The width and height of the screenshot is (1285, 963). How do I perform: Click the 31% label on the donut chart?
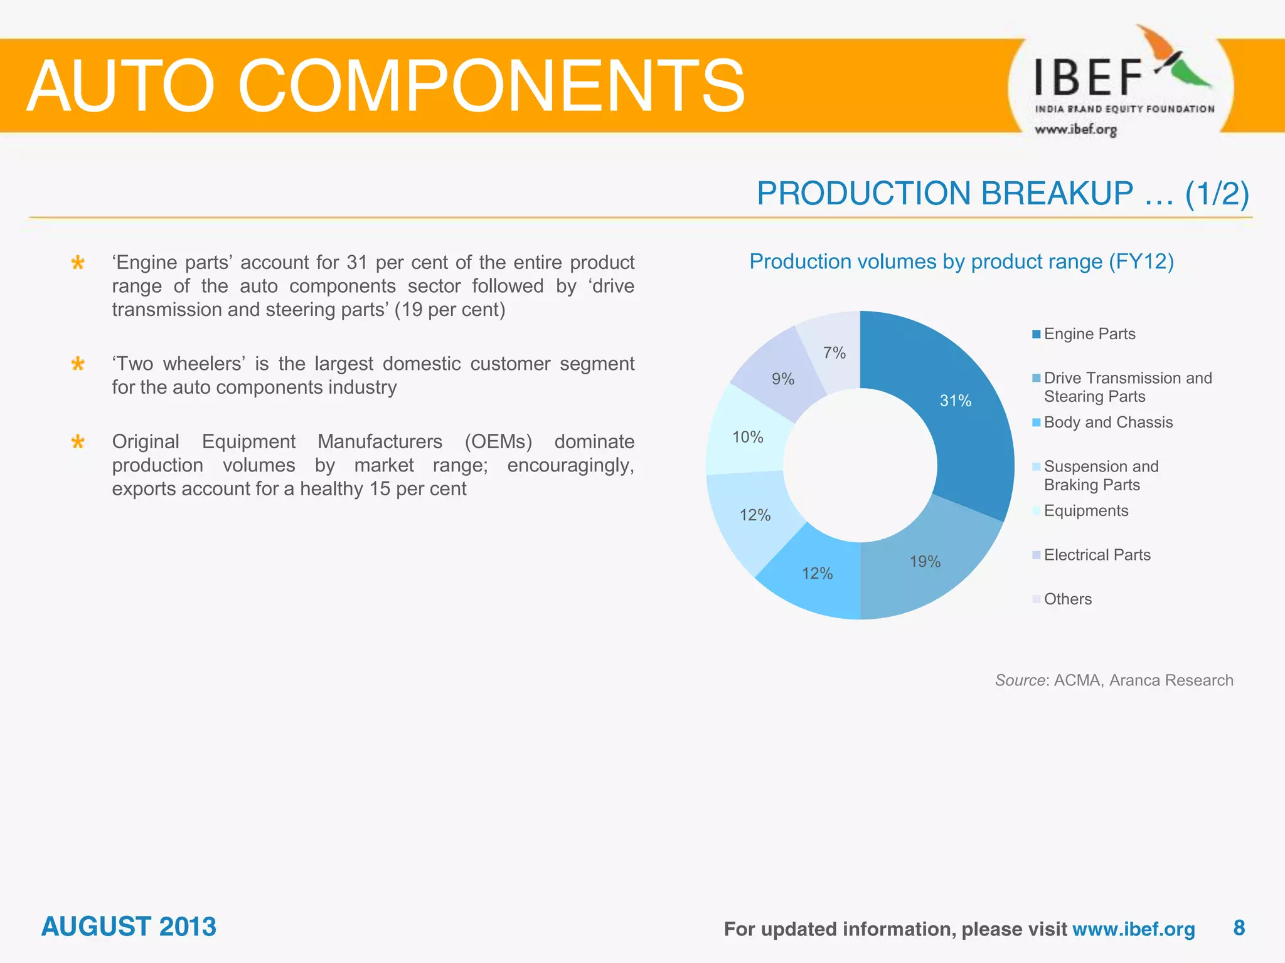(955, 401)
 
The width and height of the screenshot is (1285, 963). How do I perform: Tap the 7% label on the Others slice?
(834, 353)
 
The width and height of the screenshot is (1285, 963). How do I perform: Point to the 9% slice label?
(783, 379)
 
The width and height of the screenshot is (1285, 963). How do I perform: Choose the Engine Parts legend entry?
(1089, 334)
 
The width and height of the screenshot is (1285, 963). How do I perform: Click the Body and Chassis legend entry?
(1108, 423)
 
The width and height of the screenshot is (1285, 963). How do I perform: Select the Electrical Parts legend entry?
(1097, 555)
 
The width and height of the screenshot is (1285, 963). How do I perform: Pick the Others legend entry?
(1067, 599)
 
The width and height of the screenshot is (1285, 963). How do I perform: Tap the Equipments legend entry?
(1085, 511)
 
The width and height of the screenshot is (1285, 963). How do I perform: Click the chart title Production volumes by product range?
(961, 261)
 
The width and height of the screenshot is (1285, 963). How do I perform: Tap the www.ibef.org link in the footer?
(1133, 929)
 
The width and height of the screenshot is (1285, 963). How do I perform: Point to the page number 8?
(1239, 928)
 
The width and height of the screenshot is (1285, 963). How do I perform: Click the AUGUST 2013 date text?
(129, 927)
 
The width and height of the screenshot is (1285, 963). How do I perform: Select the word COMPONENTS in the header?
(491, 86)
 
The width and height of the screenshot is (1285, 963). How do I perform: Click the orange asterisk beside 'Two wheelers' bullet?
(78, 364)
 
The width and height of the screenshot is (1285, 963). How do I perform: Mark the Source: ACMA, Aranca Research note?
(1114, 680)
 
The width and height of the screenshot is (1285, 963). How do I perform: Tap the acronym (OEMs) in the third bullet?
(498, 442)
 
